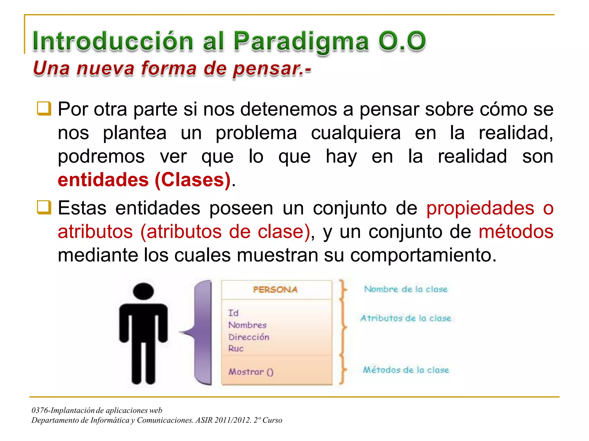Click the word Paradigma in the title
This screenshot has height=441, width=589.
pyautogui.click(x=301, y=42)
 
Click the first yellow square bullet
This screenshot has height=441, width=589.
pyautogui.click(x=44, y=109)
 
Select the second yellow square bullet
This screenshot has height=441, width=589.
pyautogui.click(x=44, y=207)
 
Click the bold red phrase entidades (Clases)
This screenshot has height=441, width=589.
pyautogui.click(x=144, y=180)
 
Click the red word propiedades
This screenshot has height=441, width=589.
pyautogui.click(x=480, y=208)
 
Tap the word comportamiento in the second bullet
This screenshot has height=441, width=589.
pyautogui.click(x=423, y=255)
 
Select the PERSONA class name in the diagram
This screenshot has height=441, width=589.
pyautogui.click(x=275, y=289)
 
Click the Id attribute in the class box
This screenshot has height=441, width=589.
pyautogui.click(x=233, y=313)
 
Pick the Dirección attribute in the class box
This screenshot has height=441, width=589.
pyautogui.click(x=249, y=337)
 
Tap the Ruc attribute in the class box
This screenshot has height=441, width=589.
pyautogui.click(x=236, y=349)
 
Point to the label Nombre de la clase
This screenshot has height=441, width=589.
pyautogui.click(x=406, y=289)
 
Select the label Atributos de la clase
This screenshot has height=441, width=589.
pyautogui.click(x=406, y=318)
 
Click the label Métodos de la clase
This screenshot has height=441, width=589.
pyautogui.click(x=406, y=370)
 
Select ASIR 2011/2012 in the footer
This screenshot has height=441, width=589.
pyautogui.click(x=223, y=420)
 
